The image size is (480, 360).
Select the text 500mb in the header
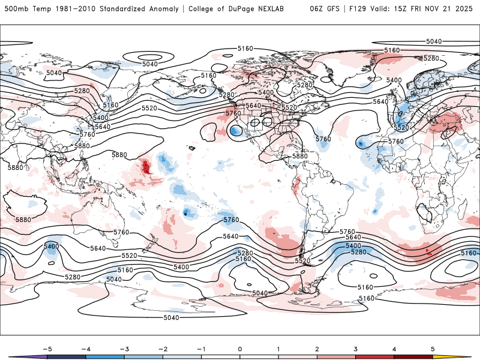[16, 9]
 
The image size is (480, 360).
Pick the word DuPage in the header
[236, 9]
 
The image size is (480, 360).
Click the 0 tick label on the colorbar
[239, 348]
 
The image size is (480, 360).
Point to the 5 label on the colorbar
[433, 348]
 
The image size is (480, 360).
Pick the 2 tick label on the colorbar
[317, 348]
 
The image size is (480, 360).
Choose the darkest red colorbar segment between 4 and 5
[413, 357]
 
